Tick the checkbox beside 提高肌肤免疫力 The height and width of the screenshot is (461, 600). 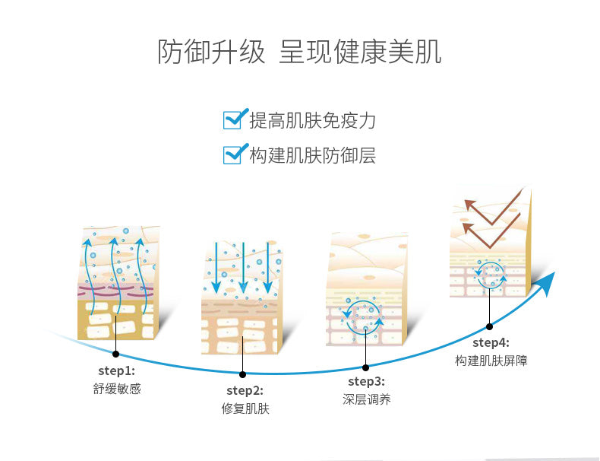tap(233, 119)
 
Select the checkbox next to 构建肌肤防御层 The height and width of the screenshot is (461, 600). tap(233, 154)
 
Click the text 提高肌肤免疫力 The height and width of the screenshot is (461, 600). tap(312, 120)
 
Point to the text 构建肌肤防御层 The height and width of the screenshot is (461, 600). tap(312, 156)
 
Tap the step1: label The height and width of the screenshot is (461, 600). tap(116, 371)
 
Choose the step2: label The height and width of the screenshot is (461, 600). tap(244, 391)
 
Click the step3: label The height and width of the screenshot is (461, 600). tap(366, 381)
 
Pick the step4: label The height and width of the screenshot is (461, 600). tap(491, 342)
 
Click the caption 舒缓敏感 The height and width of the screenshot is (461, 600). tap(116, 389)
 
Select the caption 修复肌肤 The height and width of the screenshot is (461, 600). tap(244, 409)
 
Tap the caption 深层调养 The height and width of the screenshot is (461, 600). tap(366, 399)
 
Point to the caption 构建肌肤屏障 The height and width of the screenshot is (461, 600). tap(491, 361)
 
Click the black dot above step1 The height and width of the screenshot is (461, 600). tap(115, 354)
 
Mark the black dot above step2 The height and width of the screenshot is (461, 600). tap(242, 374)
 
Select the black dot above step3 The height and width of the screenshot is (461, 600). tap(365, 367)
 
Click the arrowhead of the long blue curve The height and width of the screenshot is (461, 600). tap(547, 282)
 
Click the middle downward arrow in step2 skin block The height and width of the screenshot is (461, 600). tap(243, 270)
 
